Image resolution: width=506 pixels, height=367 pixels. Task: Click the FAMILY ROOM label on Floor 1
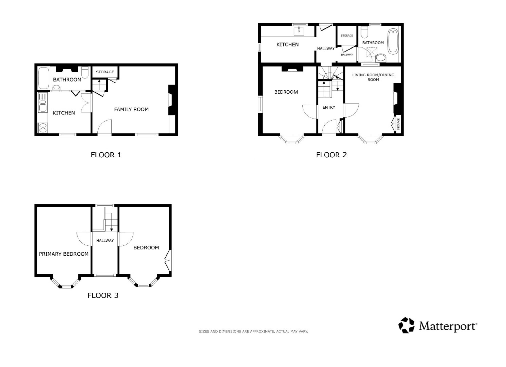[x=131, y=109]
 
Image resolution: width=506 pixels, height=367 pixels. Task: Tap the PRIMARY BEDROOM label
[x=64, y=254]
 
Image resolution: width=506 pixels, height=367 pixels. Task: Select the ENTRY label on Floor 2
[x=329, y=107]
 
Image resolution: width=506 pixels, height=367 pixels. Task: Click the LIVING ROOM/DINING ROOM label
[x=373, y=77]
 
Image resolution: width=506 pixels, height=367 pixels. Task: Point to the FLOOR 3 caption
[x=103, y=295]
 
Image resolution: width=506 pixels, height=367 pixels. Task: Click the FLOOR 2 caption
[x=331, y=155]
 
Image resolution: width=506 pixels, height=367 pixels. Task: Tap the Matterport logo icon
[x=407, y=325]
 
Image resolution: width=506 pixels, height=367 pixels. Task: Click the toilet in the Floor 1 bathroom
[x=85, y=72]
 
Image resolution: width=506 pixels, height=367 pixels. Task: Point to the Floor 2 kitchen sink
[x=299, y=32]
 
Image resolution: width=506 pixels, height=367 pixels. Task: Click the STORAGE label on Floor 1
[x=105, y=72]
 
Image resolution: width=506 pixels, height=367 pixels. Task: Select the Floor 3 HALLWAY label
[x=105, y=240]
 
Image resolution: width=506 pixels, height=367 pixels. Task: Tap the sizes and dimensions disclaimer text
[x=253, y=331]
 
